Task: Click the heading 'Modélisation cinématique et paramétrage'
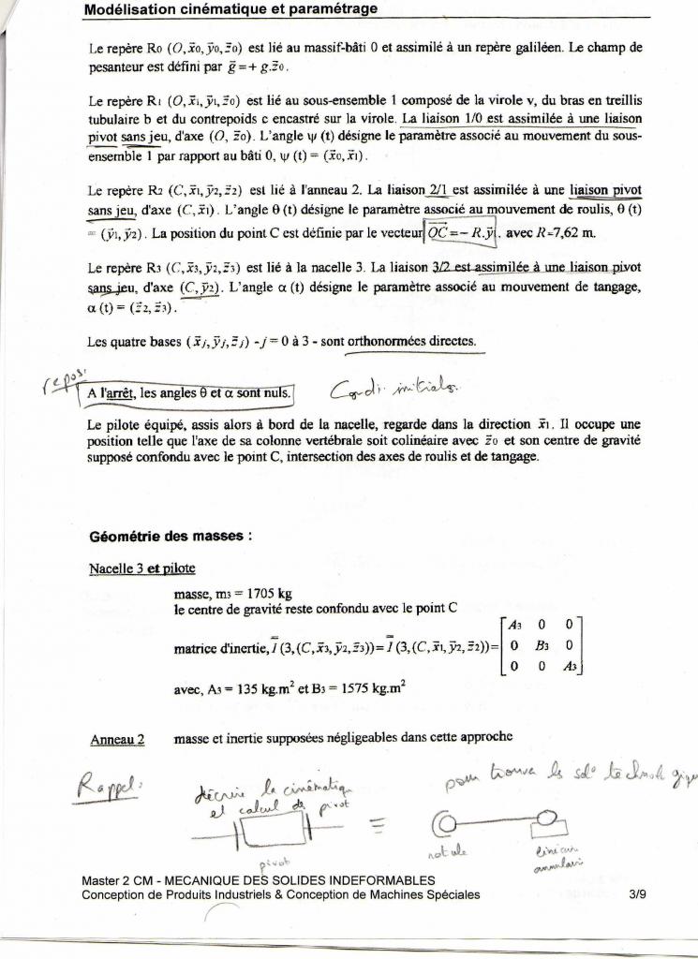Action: coord(230,9)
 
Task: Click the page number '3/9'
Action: coord(641,894)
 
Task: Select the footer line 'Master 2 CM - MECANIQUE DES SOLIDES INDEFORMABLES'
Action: coord(259,880)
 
